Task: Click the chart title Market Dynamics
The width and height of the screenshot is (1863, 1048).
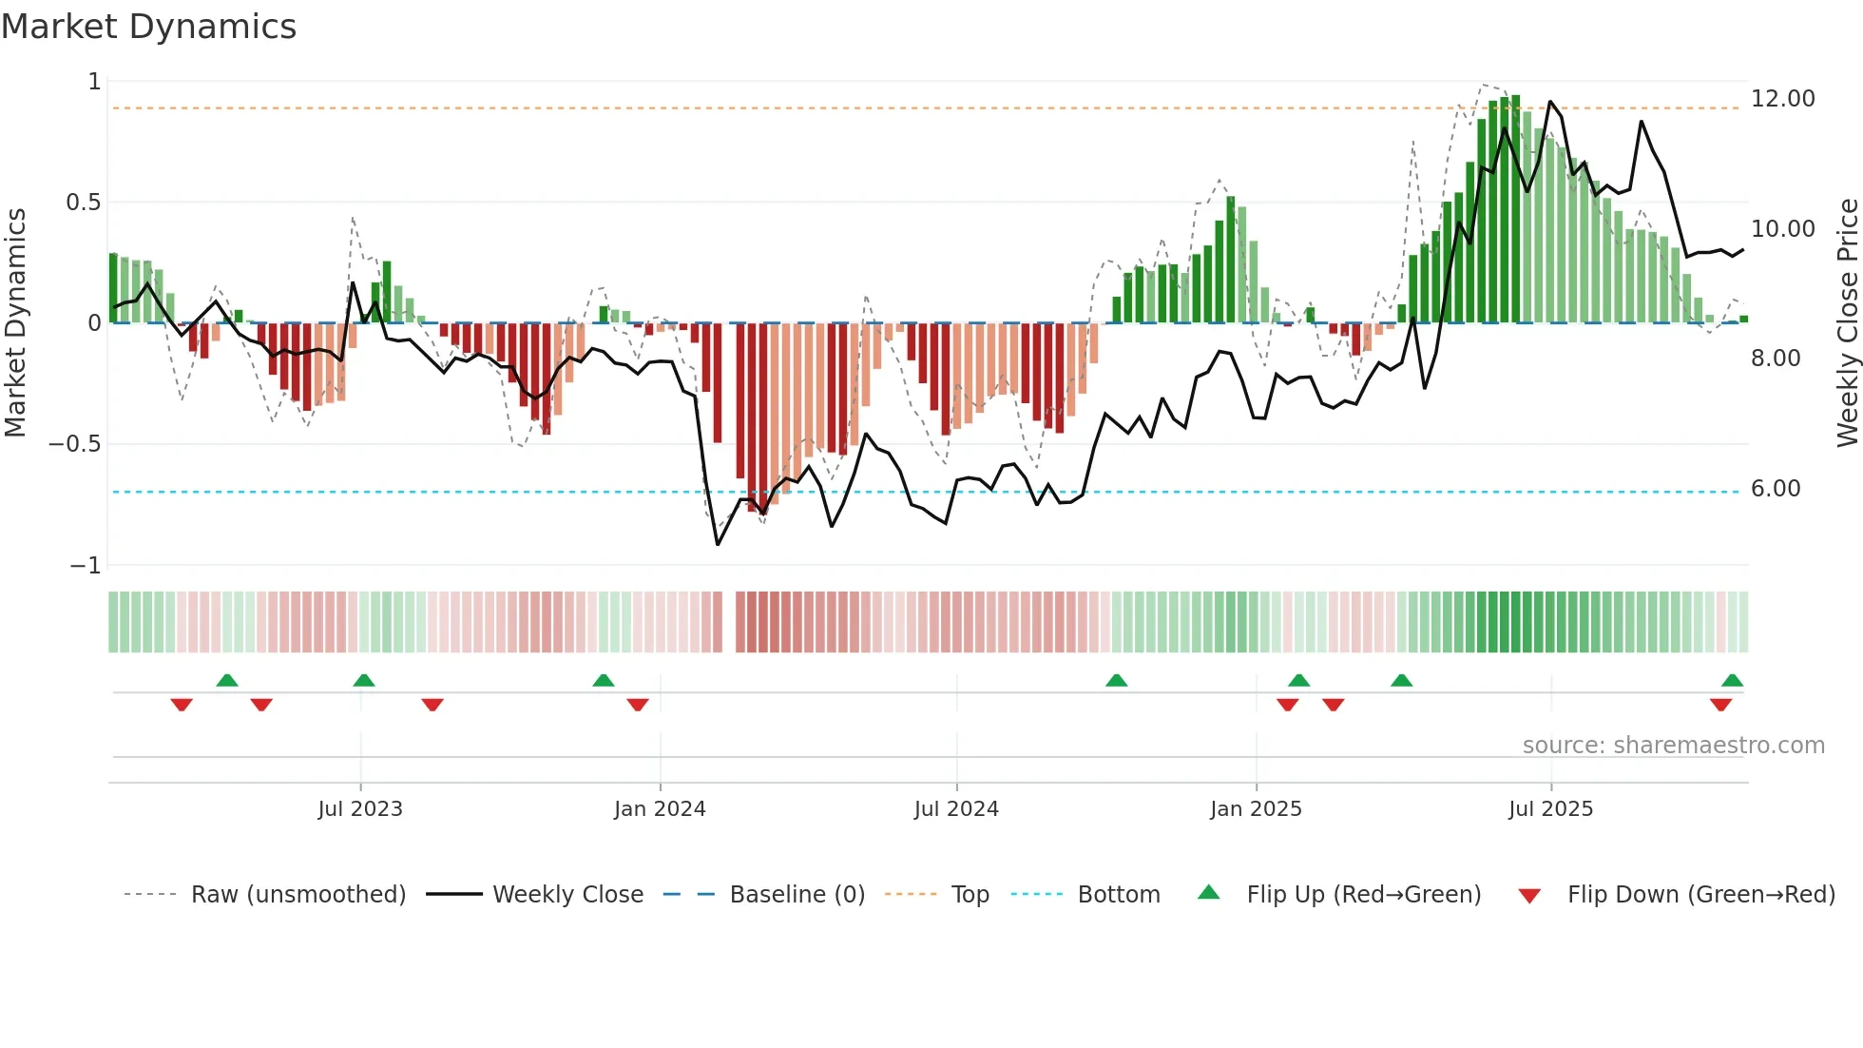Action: (148, 27)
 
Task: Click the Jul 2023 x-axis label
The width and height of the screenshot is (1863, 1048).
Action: (360, 809)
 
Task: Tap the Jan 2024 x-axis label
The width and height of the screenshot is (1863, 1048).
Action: (660, 809)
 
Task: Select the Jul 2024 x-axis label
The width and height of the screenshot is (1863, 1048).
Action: (956, 809)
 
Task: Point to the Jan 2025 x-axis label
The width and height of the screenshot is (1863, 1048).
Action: (1256, 809)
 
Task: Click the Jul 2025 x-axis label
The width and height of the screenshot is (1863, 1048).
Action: (1550, 809)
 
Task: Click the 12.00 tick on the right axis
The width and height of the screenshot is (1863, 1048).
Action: (1782, 99)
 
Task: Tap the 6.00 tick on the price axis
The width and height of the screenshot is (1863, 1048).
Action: (1775, 489)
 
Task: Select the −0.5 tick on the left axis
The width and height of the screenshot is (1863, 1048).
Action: (74, 444)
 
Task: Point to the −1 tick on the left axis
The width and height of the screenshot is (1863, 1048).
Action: (85, 566)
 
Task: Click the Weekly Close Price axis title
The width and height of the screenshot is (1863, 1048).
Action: (1847, 322)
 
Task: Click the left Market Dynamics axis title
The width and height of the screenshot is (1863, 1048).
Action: (15, 322)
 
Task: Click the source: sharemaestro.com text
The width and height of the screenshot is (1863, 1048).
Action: (1673, 746)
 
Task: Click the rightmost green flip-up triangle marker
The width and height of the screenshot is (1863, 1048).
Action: (1732, 681)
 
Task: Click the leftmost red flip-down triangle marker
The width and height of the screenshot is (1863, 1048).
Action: (182, 705)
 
